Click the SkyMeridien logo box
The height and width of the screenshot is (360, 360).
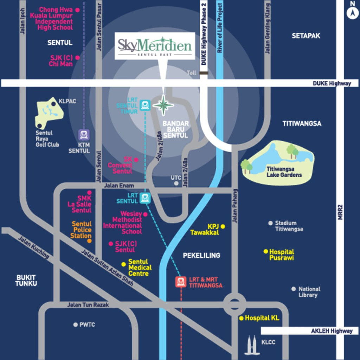(155, 46)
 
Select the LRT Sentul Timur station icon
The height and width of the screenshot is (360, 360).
(145, 105)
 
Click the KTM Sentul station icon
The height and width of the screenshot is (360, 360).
(84, 135)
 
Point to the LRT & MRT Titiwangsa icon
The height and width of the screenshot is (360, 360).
(181, 282)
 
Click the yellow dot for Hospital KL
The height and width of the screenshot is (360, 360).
(242, 319)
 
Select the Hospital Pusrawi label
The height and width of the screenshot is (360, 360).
(282, 255)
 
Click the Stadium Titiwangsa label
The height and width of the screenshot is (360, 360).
(289, 226)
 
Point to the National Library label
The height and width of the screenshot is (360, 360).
(309, 292)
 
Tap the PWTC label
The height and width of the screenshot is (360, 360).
(87, 325)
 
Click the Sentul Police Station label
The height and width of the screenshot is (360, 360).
(81, 230)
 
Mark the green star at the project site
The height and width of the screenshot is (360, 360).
(163, 105)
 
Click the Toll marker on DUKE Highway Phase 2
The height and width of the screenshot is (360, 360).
(203, 73)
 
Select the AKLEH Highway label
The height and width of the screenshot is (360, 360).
(332, 331)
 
